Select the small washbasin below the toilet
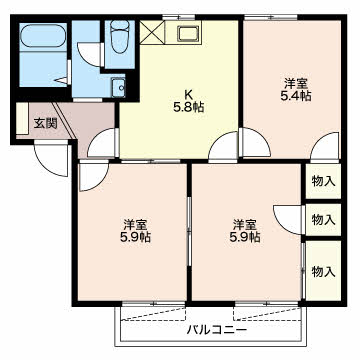pyautogui.click(x=119, y=85)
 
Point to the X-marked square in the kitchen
pyautogui.click(x=155, y=33)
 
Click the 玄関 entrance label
pyautogui.click(x=45, y=124)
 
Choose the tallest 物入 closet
pyautogui.click(x=322, y=271)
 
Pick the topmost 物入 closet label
pyautogui.click(x=322, y=181)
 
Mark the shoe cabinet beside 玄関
pyautogui.click(x=22, y=123)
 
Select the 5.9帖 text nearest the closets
pyautogui.click(x=246, y=237)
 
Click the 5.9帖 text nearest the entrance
pyautogui.click(x=136, y=237)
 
